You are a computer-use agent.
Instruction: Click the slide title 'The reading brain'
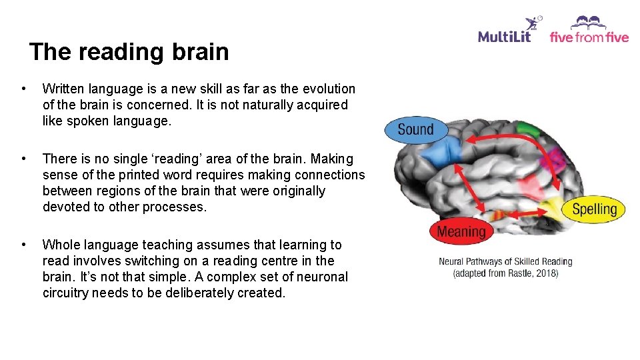[129, 52]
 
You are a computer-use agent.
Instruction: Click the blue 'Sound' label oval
[415, 129]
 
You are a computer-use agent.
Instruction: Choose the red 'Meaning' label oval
[461, 231]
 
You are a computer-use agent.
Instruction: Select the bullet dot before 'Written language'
[24, 89]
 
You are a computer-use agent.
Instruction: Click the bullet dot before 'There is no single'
[24, 159]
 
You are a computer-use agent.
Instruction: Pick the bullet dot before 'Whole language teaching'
[24, 245]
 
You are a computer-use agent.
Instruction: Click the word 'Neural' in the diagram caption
[451, 262]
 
